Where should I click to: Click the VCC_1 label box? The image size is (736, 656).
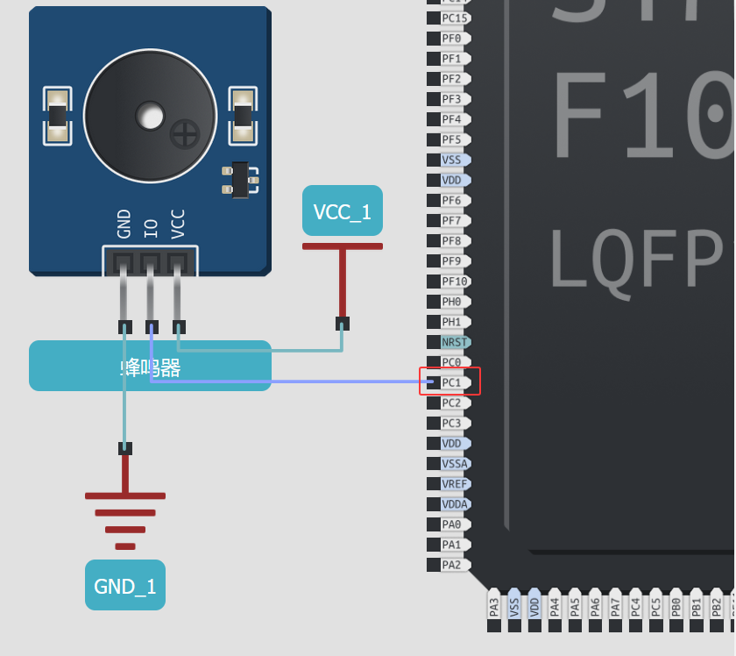(x=343, y=210)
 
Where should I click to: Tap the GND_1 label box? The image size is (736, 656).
(x=125, y=585)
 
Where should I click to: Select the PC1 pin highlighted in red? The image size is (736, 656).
(x=451, y=382)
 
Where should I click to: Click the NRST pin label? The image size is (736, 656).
(x=455, y=342)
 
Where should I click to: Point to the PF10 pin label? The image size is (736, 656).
(x=454, y=282)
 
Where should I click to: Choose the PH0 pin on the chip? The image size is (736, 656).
(x=451, y=302)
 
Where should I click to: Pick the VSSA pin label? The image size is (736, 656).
(x=455, y=463)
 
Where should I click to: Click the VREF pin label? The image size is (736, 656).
(x=455, y=483)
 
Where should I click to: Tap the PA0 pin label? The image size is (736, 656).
(x=451, y=524)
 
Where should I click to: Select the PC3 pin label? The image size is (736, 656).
(x=451, y=423)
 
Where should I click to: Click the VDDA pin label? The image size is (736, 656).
(x=455, y=504)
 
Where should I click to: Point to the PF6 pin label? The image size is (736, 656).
(x=451, y=200)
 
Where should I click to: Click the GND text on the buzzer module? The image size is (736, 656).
(x=124, y=224)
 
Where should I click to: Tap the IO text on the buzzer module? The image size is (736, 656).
(x=151, y=229)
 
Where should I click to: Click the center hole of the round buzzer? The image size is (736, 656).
(x=150, y=115)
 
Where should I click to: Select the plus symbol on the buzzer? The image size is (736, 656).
(x=184, y=133)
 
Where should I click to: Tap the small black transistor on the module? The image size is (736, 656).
(x=240, y=180)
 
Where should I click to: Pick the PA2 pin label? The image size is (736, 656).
(x=451, y=565)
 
